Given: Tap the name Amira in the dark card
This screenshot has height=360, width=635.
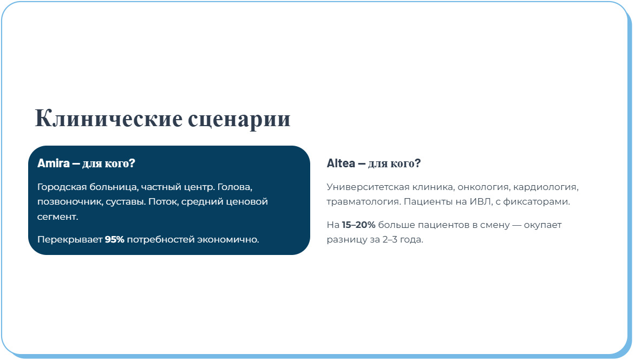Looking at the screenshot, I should click(x=53, y=163).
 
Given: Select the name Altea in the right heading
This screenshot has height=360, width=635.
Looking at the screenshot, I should click(x=341, y=163).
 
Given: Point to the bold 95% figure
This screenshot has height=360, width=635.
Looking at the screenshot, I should click(x=114, y=239).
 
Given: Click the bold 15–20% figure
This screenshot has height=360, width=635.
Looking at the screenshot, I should click(x=358, y=225).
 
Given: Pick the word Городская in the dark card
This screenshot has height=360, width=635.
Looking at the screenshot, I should click(x=60, y=187).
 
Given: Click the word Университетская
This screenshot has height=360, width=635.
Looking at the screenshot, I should click(x=367, y=187).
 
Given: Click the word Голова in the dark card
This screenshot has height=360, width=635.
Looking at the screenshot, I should click(x=235, y=187).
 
